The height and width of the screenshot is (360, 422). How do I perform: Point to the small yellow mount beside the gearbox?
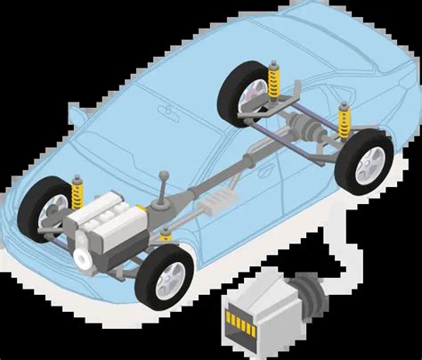pyautogui.click(x=166, y=233)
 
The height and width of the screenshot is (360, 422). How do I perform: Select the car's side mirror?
pyautogui.click(x=77, y=113)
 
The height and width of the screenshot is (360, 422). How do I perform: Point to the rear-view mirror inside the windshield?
pyautogui.click(x=166, y=110)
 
